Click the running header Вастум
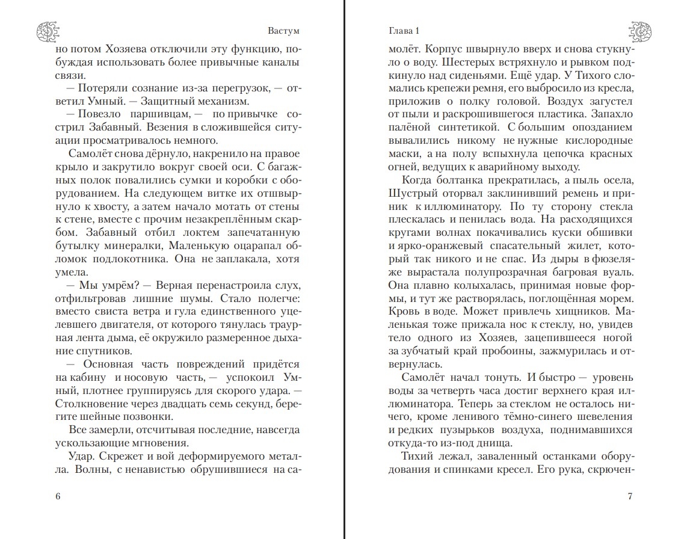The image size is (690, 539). (282, 31)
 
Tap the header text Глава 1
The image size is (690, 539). (404, 31)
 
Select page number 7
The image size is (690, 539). (630, 496)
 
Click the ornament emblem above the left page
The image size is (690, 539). (46, 30)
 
